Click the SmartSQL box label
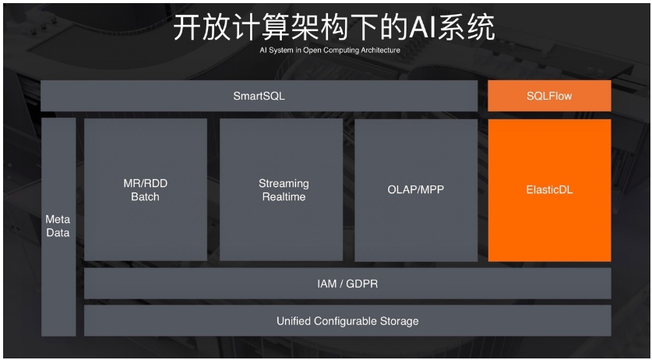tap(259, 96)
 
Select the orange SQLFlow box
tap(549, 96)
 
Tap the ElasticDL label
tap(549, 189)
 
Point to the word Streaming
tap(284, 183)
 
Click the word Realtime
tap(284, 197)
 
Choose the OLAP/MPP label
tap(416, 189)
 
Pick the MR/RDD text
tap(146, 183)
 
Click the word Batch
tap(146, 197)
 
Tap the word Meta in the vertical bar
tap(58, 220)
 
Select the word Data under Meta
tap(58, 233)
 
